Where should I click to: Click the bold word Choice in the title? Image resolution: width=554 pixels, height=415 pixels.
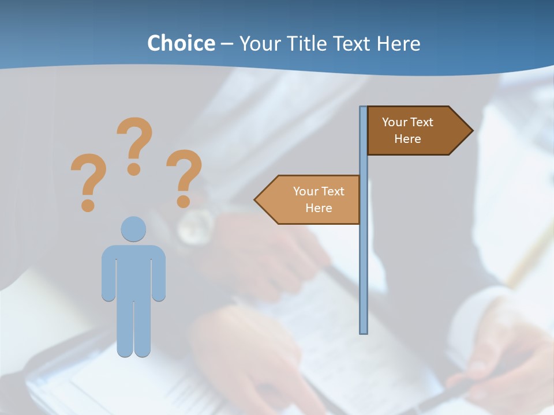click(x=181, y=43)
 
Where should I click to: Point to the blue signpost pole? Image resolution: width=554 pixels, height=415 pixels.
click(x=364, y=259)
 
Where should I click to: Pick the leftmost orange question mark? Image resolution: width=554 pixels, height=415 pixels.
click(x=88, y=176)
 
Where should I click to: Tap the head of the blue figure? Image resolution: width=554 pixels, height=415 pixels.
click(x=133, y=229)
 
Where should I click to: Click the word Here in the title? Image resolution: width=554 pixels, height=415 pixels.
click(x=398, y=43)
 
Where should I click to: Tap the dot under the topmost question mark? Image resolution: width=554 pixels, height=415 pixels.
click(x=134, y=168)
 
